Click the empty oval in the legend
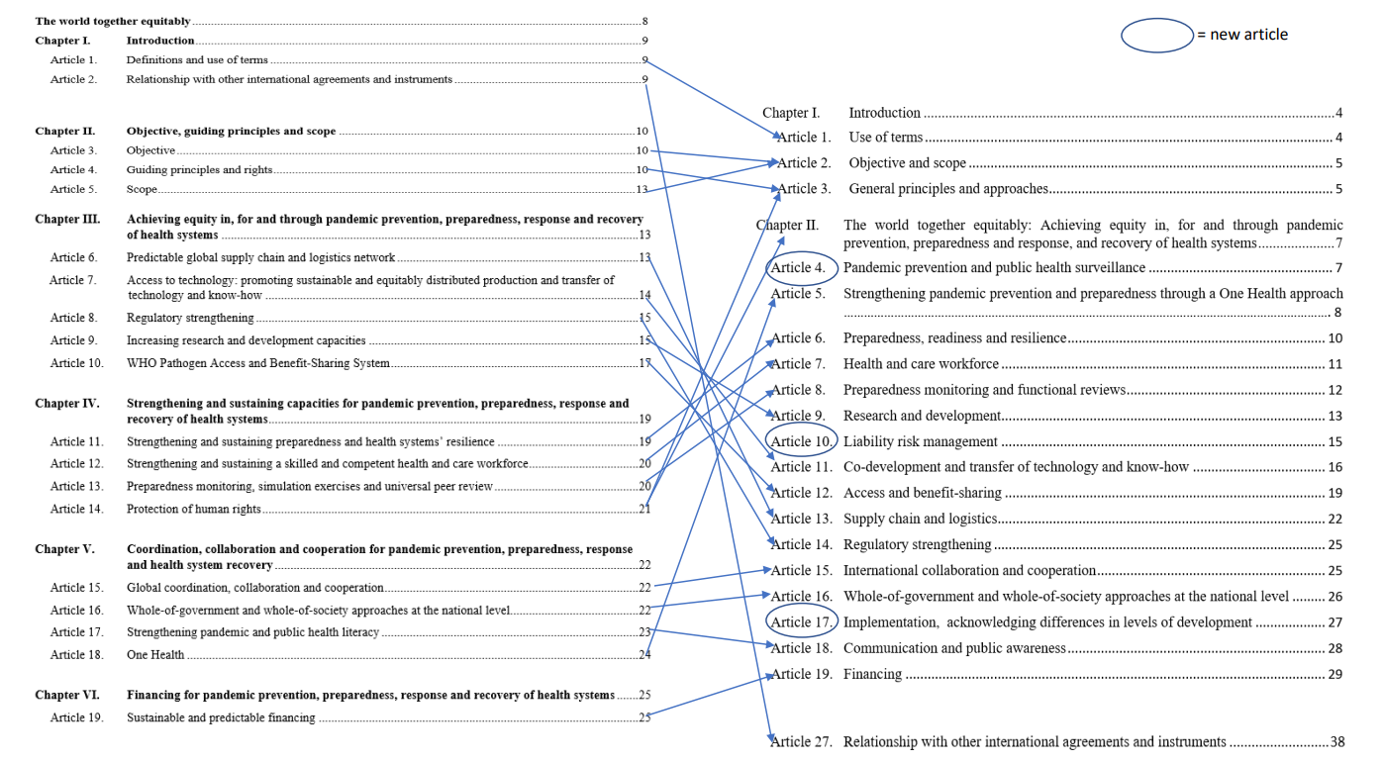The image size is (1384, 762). click(1157, 35)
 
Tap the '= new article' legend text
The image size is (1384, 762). click(1242, 35)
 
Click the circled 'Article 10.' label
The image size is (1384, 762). click(802, 441)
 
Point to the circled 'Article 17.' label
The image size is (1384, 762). click(802, 622)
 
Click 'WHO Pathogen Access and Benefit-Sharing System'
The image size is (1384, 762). click(257, 363)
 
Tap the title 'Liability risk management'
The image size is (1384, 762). click(920, 441)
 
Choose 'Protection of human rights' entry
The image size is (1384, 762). click(193, 509)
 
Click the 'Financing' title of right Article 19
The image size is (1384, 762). click(872, 675)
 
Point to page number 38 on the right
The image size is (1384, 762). click(1337, 742)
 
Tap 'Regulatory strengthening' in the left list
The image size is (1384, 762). click(190, 318)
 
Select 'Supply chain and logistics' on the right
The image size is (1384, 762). click(920, 519)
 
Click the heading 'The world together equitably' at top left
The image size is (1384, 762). click(112, 21)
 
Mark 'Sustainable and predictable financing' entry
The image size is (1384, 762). click(221, 717)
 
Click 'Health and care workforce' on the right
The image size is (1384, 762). click(921, 364)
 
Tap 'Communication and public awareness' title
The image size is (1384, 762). click(954, 648)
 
